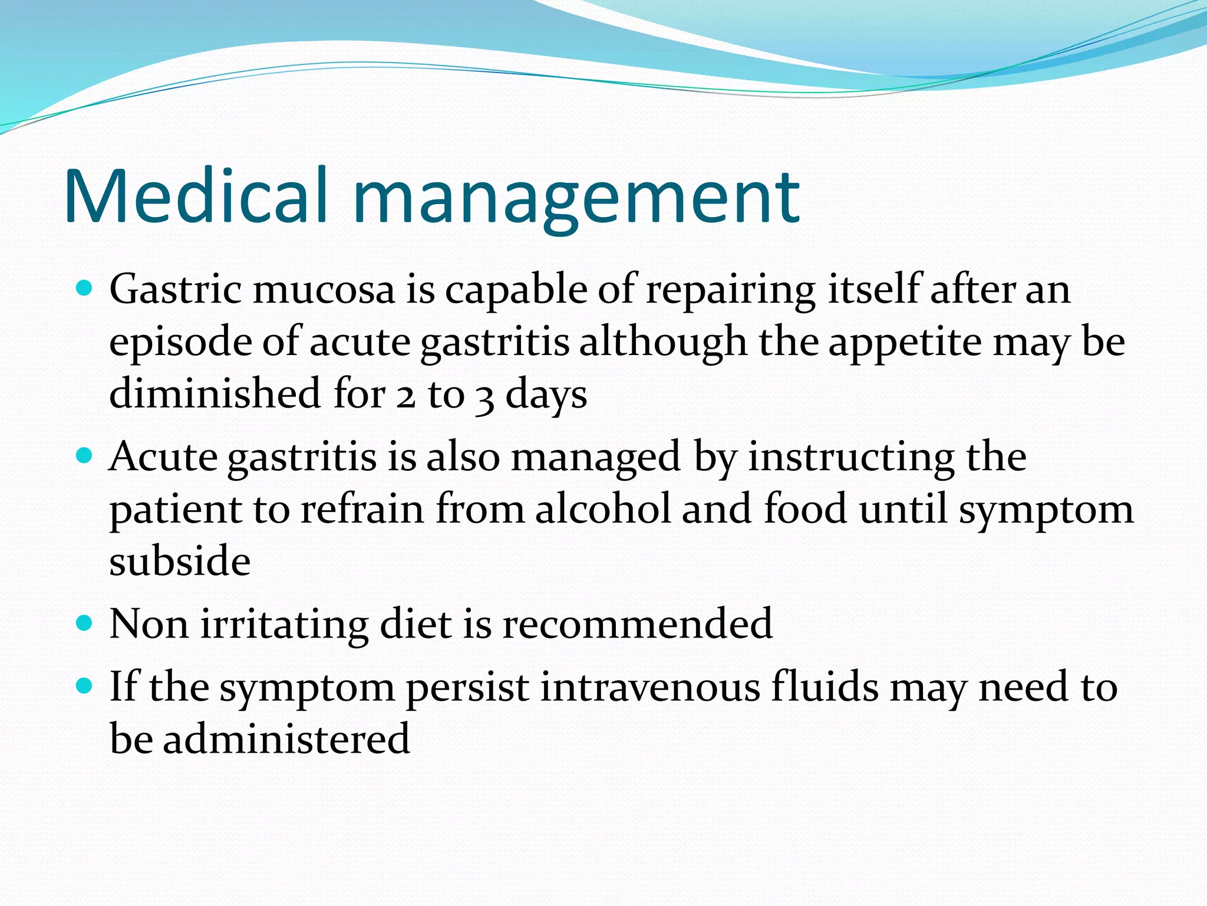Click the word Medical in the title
tap(194, 196)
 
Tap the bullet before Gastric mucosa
tap(85, 288)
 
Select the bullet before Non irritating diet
tap(85, 623)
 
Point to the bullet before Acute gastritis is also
tap(85, 455)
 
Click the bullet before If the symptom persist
tap(85, 685)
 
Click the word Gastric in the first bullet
tap(175, 291)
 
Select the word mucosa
tap(324, 291)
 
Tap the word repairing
tap(730, 291)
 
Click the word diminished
tap(215, 394)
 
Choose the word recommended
tap(637, 624)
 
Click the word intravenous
tap(650, 687)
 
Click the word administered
tap(286, 739)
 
